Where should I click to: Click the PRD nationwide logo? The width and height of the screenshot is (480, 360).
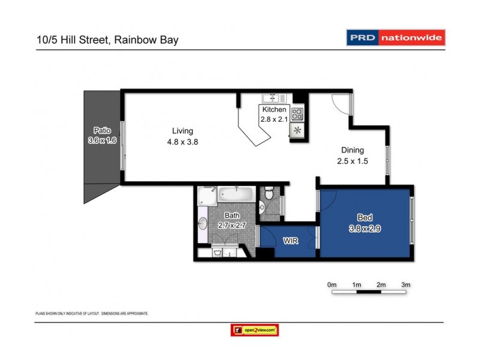point(396,38)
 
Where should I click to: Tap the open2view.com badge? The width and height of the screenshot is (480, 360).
point(254,330)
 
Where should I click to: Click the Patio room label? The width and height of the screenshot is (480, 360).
point(101,130)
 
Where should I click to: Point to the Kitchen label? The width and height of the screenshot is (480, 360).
point(274,110)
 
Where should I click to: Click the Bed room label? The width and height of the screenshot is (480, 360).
point(364,218)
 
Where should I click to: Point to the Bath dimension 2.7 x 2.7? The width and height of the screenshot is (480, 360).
point(232,225)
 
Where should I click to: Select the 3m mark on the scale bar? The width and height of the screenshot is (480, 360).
point(406,284)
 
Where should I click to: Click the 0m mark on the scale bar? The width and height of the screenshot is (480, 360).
point(332,284)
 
